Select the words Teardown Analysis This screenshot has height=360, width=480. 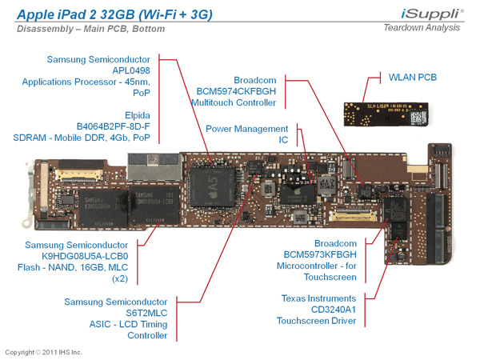click(x=422, y=28)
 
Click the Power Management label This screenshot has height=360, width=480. click(x=246, y=129)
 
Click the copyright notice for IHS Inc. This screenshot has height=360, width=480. click(x=43, y=352)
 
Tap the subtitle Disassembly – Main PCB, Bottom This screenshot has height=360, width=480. click(x=90, y=29)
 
